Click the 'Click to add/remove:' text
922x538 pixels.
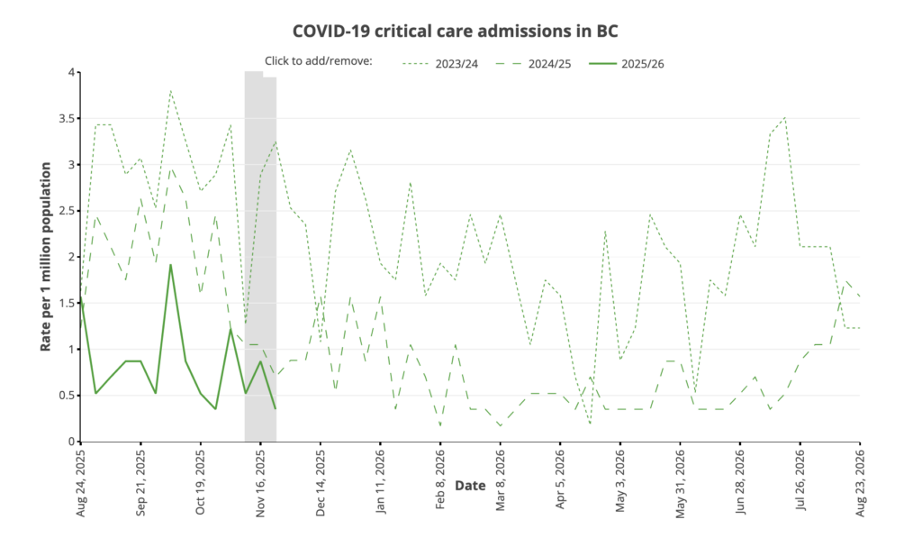point(319,61)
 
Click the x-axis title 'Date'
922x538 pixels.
point(470,485)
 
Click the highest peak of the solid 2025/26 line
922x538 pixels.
point(170,265)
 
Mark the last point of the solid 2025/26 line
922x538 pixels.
point(276,408)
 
